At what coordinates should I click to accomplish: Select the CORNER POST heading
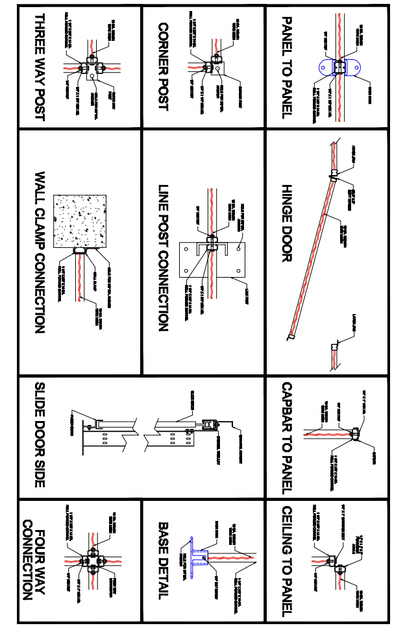click(x=163, y=67)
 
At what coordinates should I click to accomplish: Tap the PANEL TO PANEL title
click(x=286, y=67)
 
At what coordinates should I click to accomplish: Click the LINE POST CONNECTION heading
click(x=163, y=258)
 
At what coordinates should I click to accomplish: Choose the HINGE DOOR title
click(x=286, y=224)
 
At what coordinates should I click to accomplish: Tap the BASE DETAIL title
click(x=163, y=560)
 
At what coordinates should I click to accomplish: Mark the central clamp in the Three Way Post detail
click(x=88, y=67)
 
